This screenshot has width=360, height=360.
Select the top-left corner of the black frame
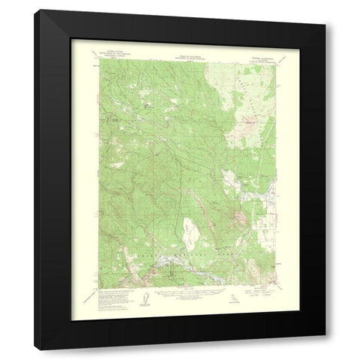38,11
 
